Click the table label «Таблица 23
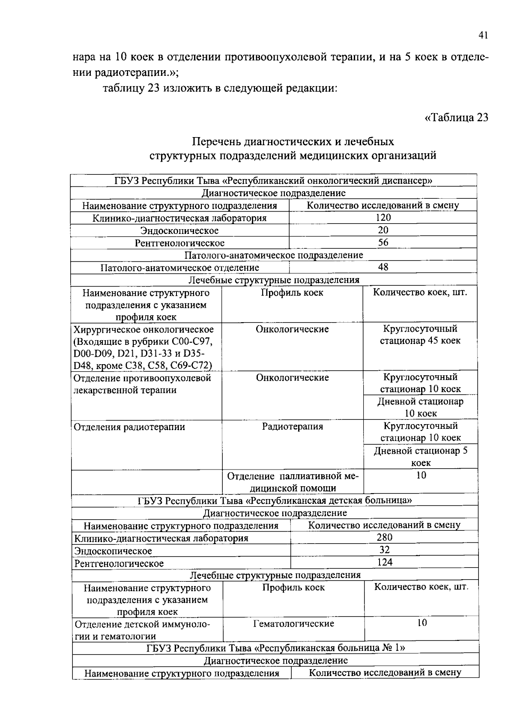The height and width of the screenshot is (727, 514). pyautogui.click(x=456, y=117)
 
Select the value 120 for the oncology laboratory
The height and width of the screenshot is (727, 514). pyautogui.click(x=383, y=218)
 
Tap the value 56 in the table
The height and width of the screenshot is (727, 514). pyautogui.click(x=383, y=242)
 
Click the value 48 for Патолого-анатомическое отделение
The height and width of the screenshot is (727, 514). pyautogui.click(x=383, y=267)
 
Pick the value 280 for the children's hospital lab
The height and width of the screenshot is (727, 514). pyautogui.click(x=384, y=538)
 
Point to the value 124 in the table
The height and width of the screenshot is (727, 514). pyautogui.click(x=384, y=562)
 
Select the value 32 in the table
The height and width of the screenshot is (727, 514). pyautogui.click(x=384, y=550)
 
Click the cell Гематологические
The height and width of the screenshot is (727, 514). pyautogui.click(x=293, y=624)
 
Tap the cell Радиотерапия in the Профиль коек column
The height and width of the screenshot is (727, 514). pyautogui.click(x=293, y=427)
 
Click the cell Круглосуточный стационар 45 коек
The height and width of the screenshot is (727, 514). pyautogui.click(x=420, y=335)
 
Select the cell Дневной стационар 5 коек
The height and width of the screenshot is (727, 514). pyautogui.click(x=421, y=457)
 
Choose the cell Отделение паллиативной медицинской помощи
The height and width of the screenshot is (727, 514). pyautogui.click(x=293, y=482)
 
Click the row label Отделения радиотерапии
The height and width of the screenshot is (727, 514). pyautogui.click(x=129, y=427)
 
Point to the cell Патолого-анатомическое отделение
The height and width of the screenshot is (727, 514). pyautogui.click(x=179, y=268)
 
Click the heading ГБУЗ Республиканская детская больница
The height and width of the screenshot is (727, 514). pyautogui.click(x=275, y=500)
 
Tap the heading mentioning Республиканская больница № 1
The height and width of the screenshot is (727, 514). pyautogui.click(x=275, y=648)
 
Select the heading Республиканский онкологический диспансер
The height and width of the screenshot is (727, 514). pyautogui.click(x=273, y=181)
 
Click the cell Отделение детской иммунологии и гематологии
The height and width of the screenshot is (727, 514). pyautogui.click(x=142, y=630)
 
